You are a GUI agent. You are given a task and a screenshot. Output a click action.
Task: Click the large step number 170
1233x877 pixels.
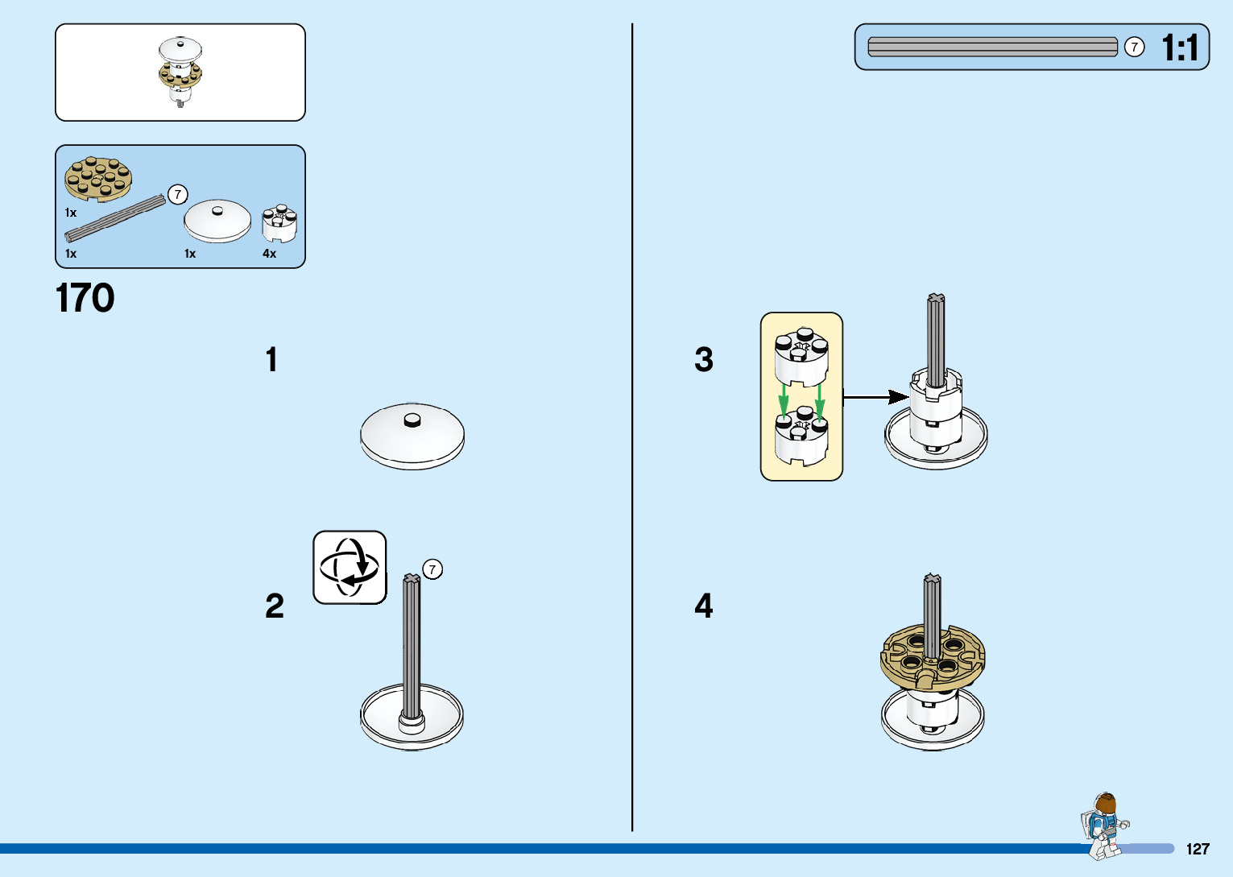(85, 298)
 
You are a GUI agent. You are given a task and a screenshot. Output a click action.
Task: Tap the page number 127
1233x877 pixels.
(1198, 849)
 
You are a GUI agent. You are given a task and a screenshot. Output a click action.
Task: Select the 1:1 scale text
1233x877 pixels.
(1180, 48)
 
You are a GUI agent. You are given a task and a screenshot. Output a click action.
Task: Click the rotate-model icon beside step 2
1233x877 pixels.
(350, 567)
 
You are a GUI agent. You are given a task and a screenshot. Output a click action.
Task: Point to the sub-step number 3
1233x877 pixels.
(704, 359)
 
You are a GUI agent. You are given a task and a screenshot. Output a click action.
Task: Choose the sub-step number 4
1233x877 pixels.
(704, 606)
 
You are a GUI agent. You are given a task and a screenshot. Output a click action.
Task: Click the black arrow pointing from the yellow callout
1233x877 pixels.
(876, 396)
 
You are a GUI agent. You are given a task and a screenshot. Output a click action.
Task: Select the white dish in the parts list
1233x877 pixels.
(217, 221)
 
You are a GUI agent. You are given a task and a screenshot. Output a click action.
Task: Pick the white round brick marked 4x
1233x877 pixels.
(279, 223)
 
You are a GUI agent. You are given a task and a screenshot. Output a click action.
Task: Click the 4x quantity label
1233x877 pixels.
(269, 254)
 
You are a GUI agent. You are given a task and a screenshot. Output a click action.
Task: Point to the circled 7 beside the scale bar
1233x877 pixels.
(1134, 47)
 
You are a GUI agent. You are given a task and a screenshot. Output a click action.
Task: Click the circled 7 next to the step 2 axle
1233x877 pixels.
(432, 569)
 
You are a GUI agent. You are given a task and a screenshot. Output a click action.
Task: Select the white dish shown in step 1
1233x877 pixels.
(412, 436)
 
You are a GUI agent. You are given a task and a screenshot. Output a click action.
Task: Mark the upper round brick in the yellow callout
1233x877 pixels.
(801, 356)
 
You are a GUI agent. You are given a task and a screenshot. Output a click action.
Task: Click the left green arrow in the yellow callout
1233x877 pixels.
(783, 398)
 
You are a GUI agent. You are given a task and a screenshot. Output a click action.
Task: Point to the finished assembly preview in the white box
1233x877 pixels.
(180, 72)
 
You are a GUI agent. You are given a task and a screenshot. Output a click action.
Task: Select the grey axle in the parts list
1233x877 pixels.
(114, 217)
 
